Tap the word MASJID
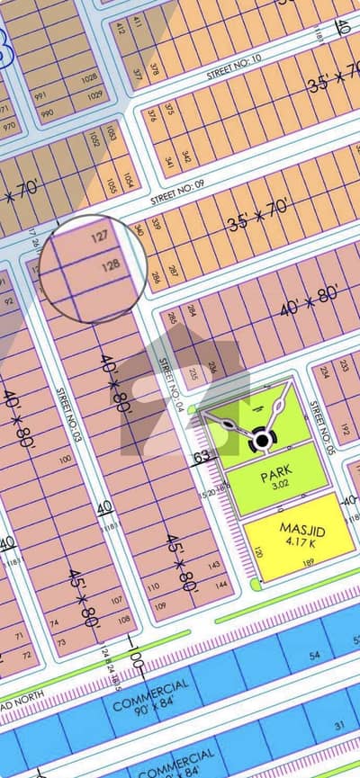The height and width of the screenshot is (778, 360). [301, 530]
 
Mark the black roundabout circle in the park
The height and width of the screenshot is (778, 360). [263, 439]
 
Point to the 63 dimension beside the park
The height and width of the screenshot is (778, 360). [202, 457]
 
